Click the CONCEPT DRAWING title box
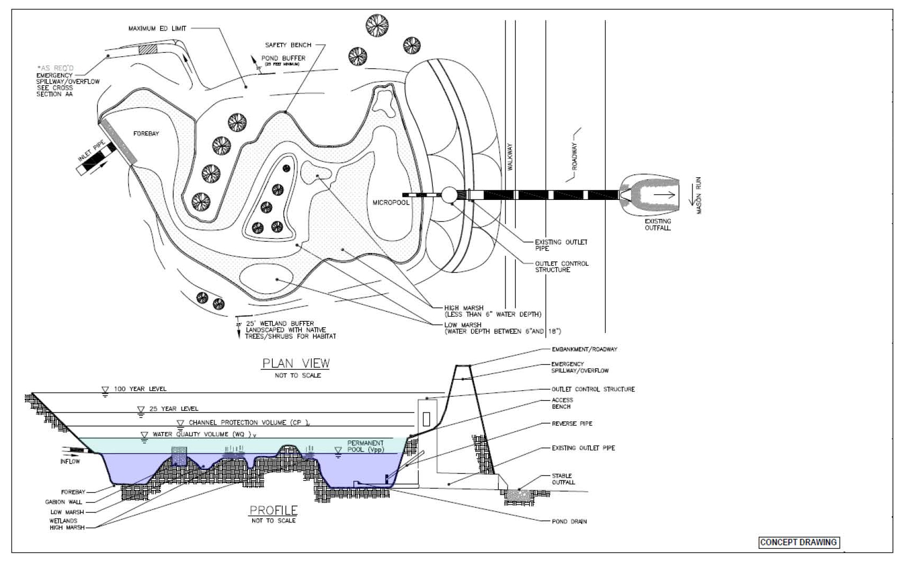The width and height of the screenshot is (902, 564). tap(798, 542)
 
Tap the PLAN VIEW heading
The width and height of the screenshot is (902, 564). tap(296, 363)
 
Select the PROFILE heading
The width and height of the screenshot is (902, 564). tap(273, 510)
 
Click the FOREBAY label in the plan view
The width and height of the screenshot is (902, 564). tap(146, 134)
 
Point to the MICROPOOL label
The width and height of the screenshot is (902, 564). tap(391, 203)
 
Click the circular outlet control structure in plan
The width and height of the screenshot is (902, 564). tap(449, 195)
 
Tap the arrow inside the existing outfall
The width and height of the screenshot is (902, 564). tap(665, 195)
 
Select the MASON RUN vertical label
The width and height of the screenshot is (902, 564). tap(699, 195)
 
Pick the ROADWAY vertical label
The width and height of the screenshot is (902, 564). tap(575, 156)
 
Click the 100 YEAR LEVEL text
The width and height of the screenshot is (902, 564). tap(140, 389)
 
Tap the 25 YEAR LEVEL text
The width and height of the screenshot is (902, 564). tap(174, 409)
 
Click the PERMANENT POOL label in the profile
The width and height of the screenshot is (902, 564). tap(365, 446)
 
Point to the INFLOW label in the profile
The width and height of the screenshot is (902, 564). tap(70, 461)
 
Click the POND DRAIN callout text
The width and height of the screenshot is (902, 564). tap(569, 521)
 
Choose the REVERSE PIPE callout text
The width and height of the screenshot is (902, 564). tap(572, 424)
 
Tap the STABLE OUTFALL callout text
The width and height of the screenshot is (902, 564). tap(563, 479)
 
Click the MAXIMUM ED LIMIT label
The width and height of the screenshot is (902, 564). tap(157, 28)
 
